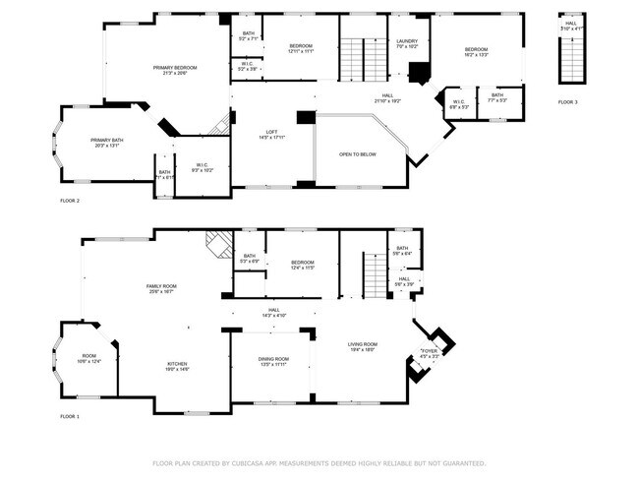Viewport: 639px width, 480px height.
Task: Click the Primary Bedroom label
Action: click(175, 67)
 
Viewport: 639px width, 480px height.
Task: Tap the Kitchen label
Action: click(177, 364)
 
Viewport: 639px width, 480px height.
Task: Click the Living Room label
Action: click(363, 343)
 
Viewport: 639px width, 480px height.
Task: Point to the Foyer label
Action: click(429, 351)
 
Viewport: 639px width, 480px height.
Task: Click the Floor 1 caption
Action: click(69, 417)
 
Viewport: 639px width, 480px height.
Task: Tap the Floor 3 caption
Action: click(567, 102)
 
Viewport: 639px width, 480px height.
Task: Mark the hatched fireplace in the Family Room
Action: click(216, 243)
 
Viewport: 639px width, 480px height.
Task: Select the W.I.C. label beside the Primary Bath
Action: click(202, 164)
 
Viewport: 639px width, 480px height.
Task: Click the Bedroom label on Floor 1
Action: click(302, 263)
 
